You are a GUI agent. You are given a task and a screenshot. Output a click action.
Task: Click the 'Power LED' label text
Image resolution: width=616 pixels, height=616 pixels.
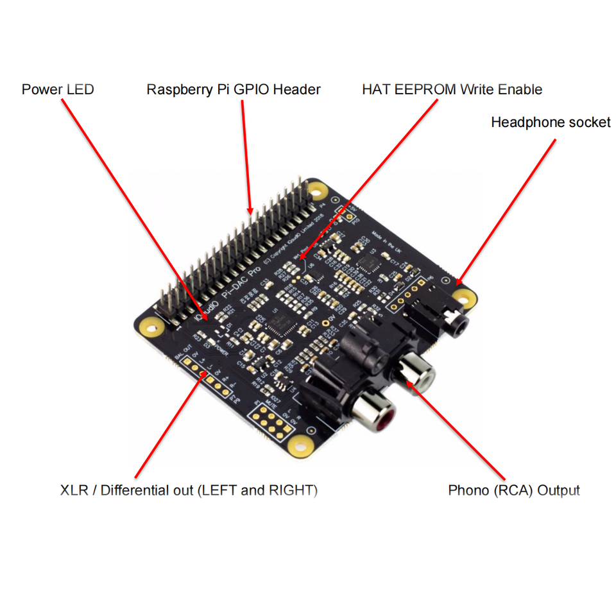point(58,89)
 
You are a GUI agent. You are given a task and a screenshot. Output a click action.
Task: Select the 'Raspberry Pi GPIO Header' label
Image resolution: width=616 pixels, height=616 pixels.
point(234,89)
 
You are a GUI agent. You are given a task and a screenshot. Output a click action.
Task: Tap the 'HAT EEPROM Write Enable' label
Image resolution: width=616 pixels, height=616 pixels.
point(452,89)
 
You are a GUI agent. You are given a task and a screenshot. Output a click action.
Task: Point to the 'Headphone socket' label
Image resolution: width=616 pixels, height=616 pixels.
point(551,122)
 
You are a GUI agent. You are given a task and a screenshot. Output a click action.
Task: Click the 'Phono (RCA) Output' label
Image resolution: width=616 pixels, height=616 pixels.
point(513,491)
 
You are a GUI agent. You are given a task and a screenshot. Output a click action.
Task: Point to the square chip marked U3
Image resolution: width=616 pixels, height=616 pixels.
point(371,262)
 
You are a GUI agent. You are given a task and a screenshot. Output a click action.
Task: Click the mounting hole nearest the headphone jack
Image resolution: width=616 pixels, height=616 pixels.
point(464,296)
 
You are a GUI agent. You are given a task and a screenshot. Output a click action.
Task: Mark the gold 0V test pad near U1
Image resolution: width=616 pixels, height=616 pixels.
point(327,323)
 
